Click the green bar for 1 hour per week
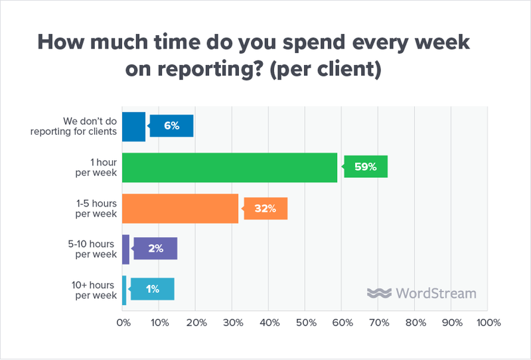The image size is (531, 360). pos(230,167)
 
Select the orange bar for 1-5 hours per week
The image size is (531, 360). pos(181,209)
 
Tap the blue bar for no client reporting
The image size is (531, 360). pos(133,127)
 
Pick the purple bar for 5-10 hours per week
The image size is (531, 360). pos(126,249)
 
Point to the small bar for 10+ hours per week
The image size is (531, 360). pos(124,290)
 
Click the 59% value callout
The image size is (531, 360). pos(364,167)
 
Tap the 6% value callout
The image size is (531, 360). pos(172,126)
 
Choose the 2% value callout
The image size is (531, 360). pos(156,249)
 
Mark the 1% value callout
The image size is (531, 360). pos(153,290)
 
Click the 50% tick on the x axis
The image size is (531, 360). pos(305,323)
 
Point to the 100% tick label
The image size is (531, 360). pos(488,323)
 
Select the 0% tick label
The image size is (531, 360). pos(123,323)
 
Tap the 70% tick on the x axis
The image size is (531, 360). pos(378,323)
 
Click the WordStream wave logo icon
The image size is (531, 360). pos(378,294)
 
